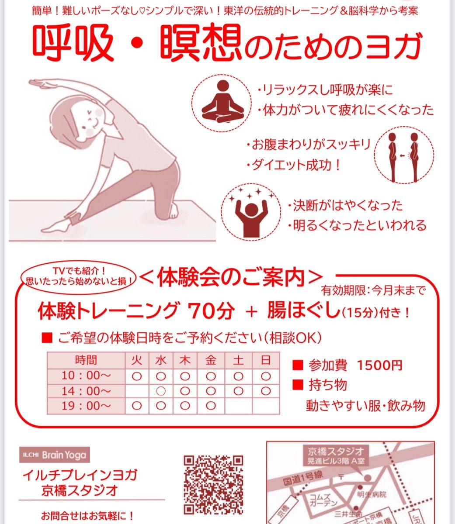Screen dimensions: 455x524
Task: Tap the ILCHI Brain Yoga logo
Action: click(54, 455)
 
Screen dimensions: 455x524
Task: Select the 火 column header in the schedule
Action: click(137, 360)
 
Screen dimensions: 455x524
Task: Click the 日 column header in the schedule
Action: click(266, 360)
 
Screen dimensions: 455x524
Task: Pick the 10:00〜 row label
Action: click(86, 376)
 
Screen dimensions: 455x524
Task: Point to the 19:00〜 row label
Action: click(86, 406)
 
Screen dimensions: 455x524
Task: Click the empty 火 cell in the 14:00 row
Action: click(137, 391)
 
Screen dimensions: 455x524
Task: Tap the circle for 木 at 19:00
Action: click(185, 406)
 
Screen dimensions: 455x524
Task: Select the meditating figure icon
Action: click(222, 103)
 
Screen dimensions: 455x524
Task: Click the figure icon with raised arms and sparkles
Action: click(251, 212)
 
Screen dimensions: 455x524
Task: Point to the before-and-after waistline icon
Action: click(404, 155)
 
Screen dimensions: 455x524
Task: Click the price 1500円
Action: click(379, 365)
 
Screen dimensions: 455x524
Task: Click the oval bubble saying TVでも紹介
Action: click(78, 277)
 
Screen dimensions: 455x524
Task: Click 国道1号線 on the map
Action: click(303, 479)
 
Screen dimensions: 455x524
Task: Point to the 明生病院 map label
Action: click(372, 494)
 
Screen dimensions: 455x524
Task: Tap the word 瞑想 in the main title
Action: click(201, 42)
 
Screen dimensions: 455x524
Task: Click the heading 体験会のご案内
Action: click(231, 277)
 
